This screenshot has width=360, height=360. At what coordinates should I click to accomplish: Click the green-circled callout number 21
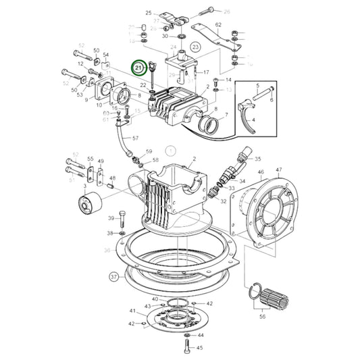point(139,68)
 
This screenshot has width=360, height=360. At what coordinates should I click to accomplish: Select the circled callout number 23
point(195,47)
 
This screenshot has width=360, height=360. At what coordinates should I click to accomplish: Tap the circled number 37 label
point(113,276)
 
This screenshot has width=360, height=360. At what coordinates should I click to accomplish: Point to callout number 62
point(218,25)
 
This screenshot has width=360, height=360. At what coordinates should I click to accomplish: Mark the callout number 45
point(199,349)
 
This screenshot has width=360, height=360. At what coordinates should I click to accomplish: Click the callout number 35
point(257,159)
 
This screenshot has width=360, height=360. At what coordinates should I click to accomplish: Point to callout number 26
point(227,11)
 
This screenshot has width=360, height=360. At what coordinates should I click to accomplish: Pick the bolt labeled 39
point(122,219)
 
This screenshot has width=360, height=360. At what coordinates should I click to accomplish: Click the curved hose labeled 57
point(124,139)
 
